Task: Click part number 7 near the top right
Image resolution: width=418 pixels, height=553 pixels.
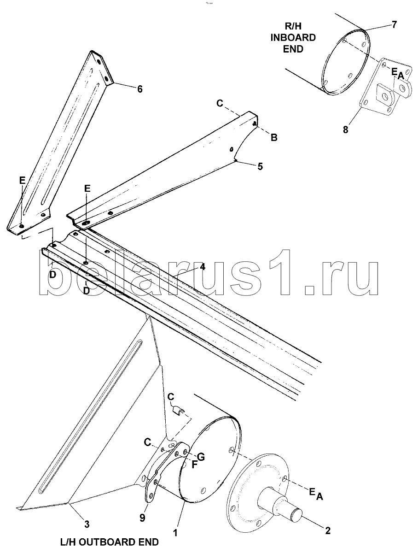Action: click(394, 24)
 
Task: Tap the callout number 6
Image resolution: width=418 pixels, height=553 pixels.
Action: click(139, 89)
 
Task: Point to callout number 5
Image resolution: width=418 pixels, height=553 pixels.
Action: click(260, 166)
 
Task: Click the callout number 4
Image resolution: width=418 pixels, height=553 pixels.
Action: click(203, 266)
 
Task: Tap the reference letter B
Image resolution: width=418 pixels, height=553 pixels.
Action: click(274, 137)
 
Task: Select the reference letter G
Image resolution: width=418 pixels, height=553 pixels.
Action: click(201, 457)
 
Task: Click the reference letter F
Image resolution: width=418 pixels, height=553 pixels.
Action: click(194, 465)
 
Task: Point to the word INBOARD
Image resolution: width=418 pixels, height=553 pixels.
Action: click(293, 37)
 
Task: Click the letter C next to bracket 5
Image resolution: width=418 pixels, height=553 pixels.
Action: click(220, 103)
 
